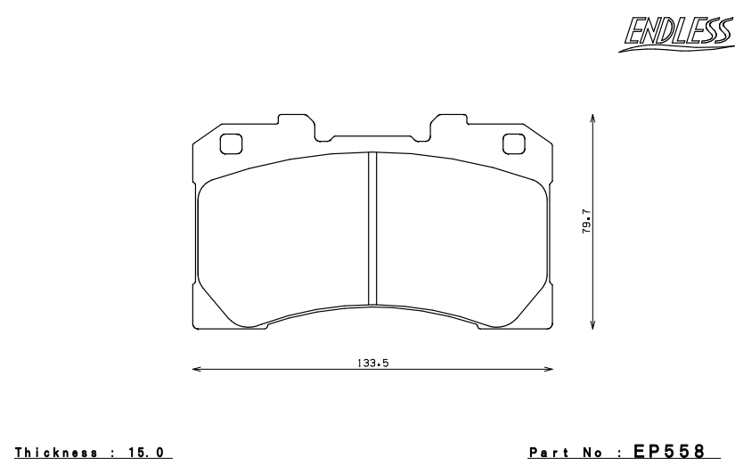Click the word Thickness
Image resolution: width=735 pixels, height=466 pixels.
[56, 453]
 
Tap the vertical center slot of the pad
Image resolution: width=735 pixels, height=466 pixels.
[373, 227]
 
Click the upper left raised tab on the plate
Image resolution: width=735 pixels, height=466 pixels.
[296, 122]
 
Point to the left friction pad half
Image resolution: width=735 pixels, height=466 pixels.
[283, 236]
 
